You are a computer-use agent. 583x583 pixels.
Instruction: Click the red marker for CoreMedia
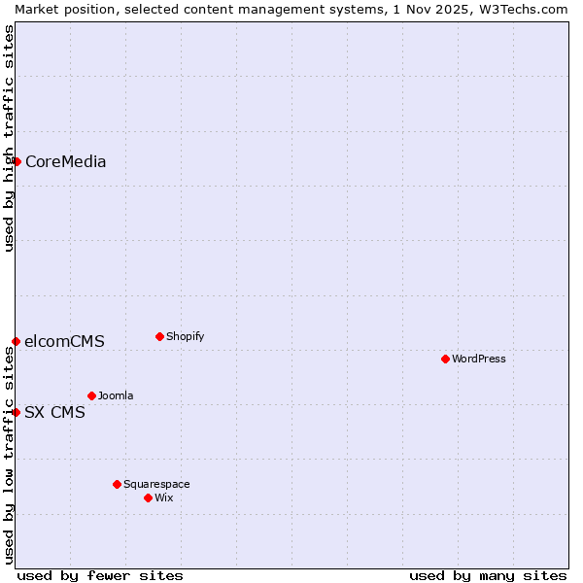17,161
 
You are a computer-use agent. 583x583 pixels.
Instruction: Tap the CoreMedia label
65,162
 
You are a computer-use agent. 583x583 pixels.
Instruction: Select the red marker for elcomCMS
17,341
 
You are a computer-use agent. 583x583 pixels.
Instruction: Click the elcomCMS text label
64,342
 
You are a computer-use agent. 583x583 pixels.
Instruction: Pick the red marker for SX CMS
17,412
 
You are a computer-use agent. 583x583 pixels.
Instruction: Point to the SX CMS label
54,413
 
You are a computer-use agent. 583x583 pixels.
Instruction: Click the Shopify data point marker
159,336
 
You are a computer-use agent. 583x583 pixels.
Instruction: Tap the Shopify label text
185,337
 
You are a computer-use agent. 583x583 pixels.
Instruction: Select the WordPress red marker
445,359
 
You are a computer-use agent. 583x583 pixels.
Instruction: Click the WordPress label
478,360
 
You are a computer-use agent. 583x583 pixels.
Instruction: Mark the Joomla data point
91,395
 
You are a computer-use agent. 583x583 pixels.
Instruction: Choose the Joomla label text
116,396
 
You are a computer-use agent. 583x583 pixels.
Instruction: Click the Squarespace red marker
117,484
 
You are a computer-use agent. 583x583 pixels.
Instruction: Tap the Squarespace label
156,485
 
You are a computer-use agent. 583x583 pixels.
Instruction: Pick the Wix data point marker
148,497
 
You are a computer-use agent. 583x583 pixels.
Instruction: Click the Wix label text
163,498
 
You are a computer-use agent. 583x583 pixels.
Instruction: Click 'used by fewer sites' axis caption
100,575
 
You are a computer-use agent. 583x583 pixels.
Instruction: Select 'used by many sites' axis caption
488,575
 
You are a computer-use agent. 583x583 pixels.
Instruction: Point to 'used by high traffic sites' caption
9,138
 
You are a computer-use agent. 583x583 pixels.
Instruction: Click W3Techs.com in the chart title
521,9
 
